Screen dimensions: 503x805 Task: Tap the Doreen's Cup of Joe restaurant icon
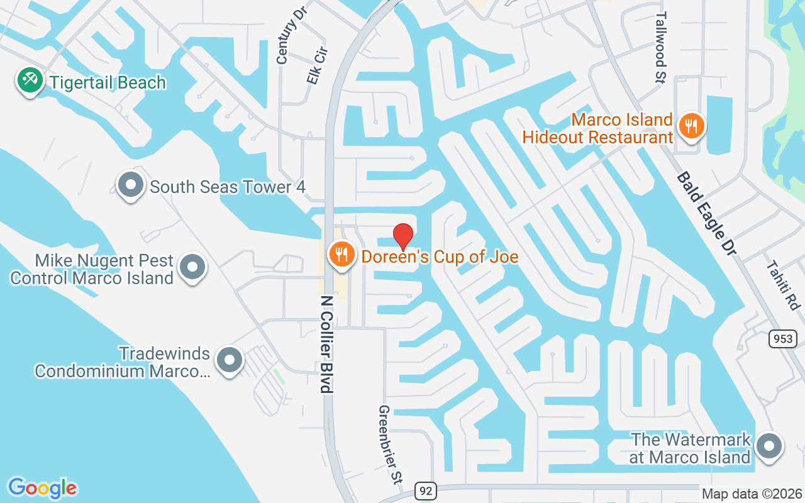point(341,255)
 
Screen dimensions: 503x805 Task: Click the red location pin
point(402,236)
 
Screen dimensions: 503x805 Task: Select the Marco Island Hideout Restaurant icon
point(692,126)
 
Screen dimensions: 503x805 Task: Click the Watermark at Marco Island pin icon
point(768,447)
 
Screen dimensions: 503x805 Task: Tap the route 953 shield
point(783,339)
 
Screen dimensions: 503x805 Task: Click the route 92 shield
point(426,490)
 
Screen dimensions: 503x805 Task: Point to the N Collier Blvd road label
point(326,344)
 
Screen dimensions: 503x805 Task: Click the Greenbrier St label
point(389,443)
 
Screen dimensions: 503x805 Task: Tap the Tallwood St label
point(660,39)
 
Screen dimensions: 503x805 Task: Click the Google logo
point(42,488)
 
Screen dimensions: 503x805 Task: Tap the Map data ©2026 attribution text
point(752,494)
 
